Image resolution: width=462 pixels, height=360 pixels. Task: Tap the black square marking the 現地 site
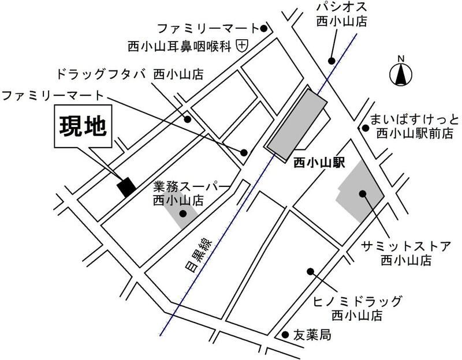coord(126,186)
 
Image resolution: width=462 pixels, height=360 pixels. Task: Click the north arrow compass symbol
coord(400,73)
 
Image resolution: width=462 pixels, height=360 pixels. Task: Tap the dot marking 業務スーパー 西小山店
coord(182,213)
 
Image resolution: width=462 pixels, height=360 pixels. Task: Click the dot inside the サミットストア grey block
coord(363,194)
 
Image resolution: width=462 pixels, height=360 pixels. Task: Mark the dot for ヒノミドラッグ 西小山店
coord(310,271)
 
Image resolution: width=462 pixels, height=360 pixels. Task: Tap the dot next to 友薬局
coord(285,335)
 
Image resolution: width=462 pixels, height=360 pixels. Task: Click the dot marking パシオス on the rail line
coord(331,61)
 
